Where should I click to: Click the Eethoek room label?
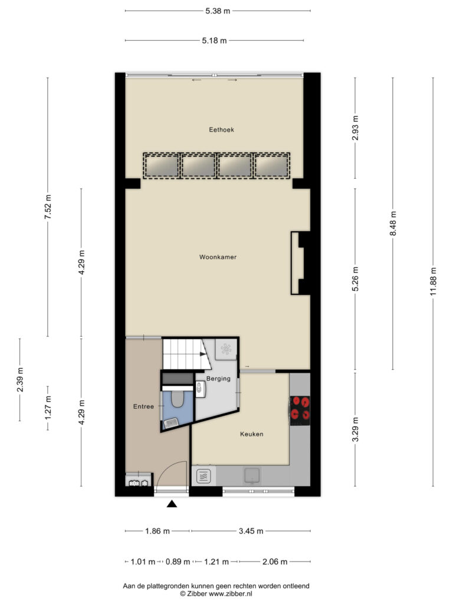[x=222, y=130]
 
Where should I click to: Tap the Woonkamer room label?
[x=218, y=257]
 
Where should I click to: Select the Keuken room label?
[x=251, y=434]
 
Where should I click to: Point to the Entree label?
[x=143, y=406]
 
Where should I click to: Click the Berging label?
[x=218, y=379]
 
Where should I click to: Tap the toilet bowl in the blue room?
[x=177, y=399]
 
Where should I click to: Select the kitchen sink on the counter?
[x=252, y=476]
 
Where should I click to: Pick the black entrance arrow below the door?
[x=172, y=504]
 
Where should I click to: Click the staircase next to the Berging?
[x=186, y=354]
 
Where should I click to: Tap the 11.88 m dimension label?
[x=434, y=281]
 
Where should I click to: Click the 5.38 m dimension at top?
[x=218, y=11]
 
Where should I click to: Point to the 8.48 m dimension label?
[x=393, y=224]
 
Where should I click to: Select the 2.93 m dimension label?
[x=355, y=128]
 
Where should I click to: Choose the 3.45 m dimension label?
[x=251, y=531]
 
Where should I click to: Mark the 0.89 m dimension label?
[x=178, y=562]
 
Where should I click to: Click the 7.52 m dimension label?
[x=48, y=207]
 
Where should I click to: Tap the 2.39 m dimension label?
[x=20, y=379]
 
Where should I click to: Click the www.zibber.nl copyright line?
[x=216, y=593]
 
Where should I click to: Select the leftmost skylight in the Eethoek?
[x=161, y=166]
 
